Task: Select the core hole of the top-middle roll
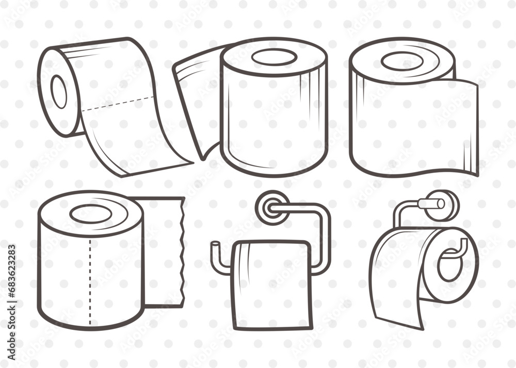point(273,58)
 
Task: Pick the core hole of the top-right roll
point(402,61)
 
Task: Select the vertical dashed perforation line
point(90,278)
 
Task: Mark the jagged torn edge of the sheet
point(181,253)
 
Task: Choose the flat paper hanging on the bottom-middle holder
point(271,283)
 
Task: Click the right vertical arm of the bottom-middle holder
point(325,237)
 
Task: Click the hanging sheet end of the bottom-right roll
point(397,309)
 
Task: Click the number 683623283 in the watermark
point(11,278)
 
